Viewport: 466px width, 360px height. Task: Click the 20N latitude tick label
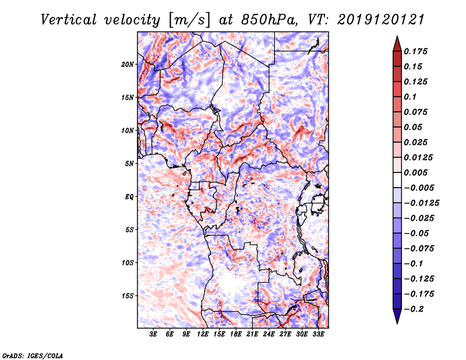click(128, 64)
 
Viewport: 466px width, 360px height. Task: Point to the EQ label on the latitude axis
click(129, 197)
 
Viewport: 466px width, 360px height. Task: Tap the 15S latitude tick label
click(128, 296)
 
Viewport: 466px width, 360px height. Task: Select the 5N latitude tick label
click(129, 164)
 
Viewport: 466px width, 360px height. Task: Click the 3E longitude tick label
click(153, 334)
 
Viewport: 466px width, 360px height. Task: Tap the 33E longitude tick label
click(318, 334)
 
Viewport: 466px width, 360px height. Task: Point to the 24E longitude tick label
click(269, 334)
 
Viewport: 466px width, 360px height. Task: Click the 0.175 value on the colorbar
click(417, 52)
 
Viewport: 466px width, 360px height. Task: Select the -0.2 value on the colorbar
click(416, 309)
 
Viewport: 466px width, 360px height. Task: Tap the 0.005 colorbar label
click(417, 173)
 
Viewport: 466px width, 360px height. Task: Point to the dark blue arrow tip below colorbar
click(396, 318)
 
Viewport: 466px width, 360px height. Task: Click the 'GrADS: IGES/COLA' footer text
click(32, 355)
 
